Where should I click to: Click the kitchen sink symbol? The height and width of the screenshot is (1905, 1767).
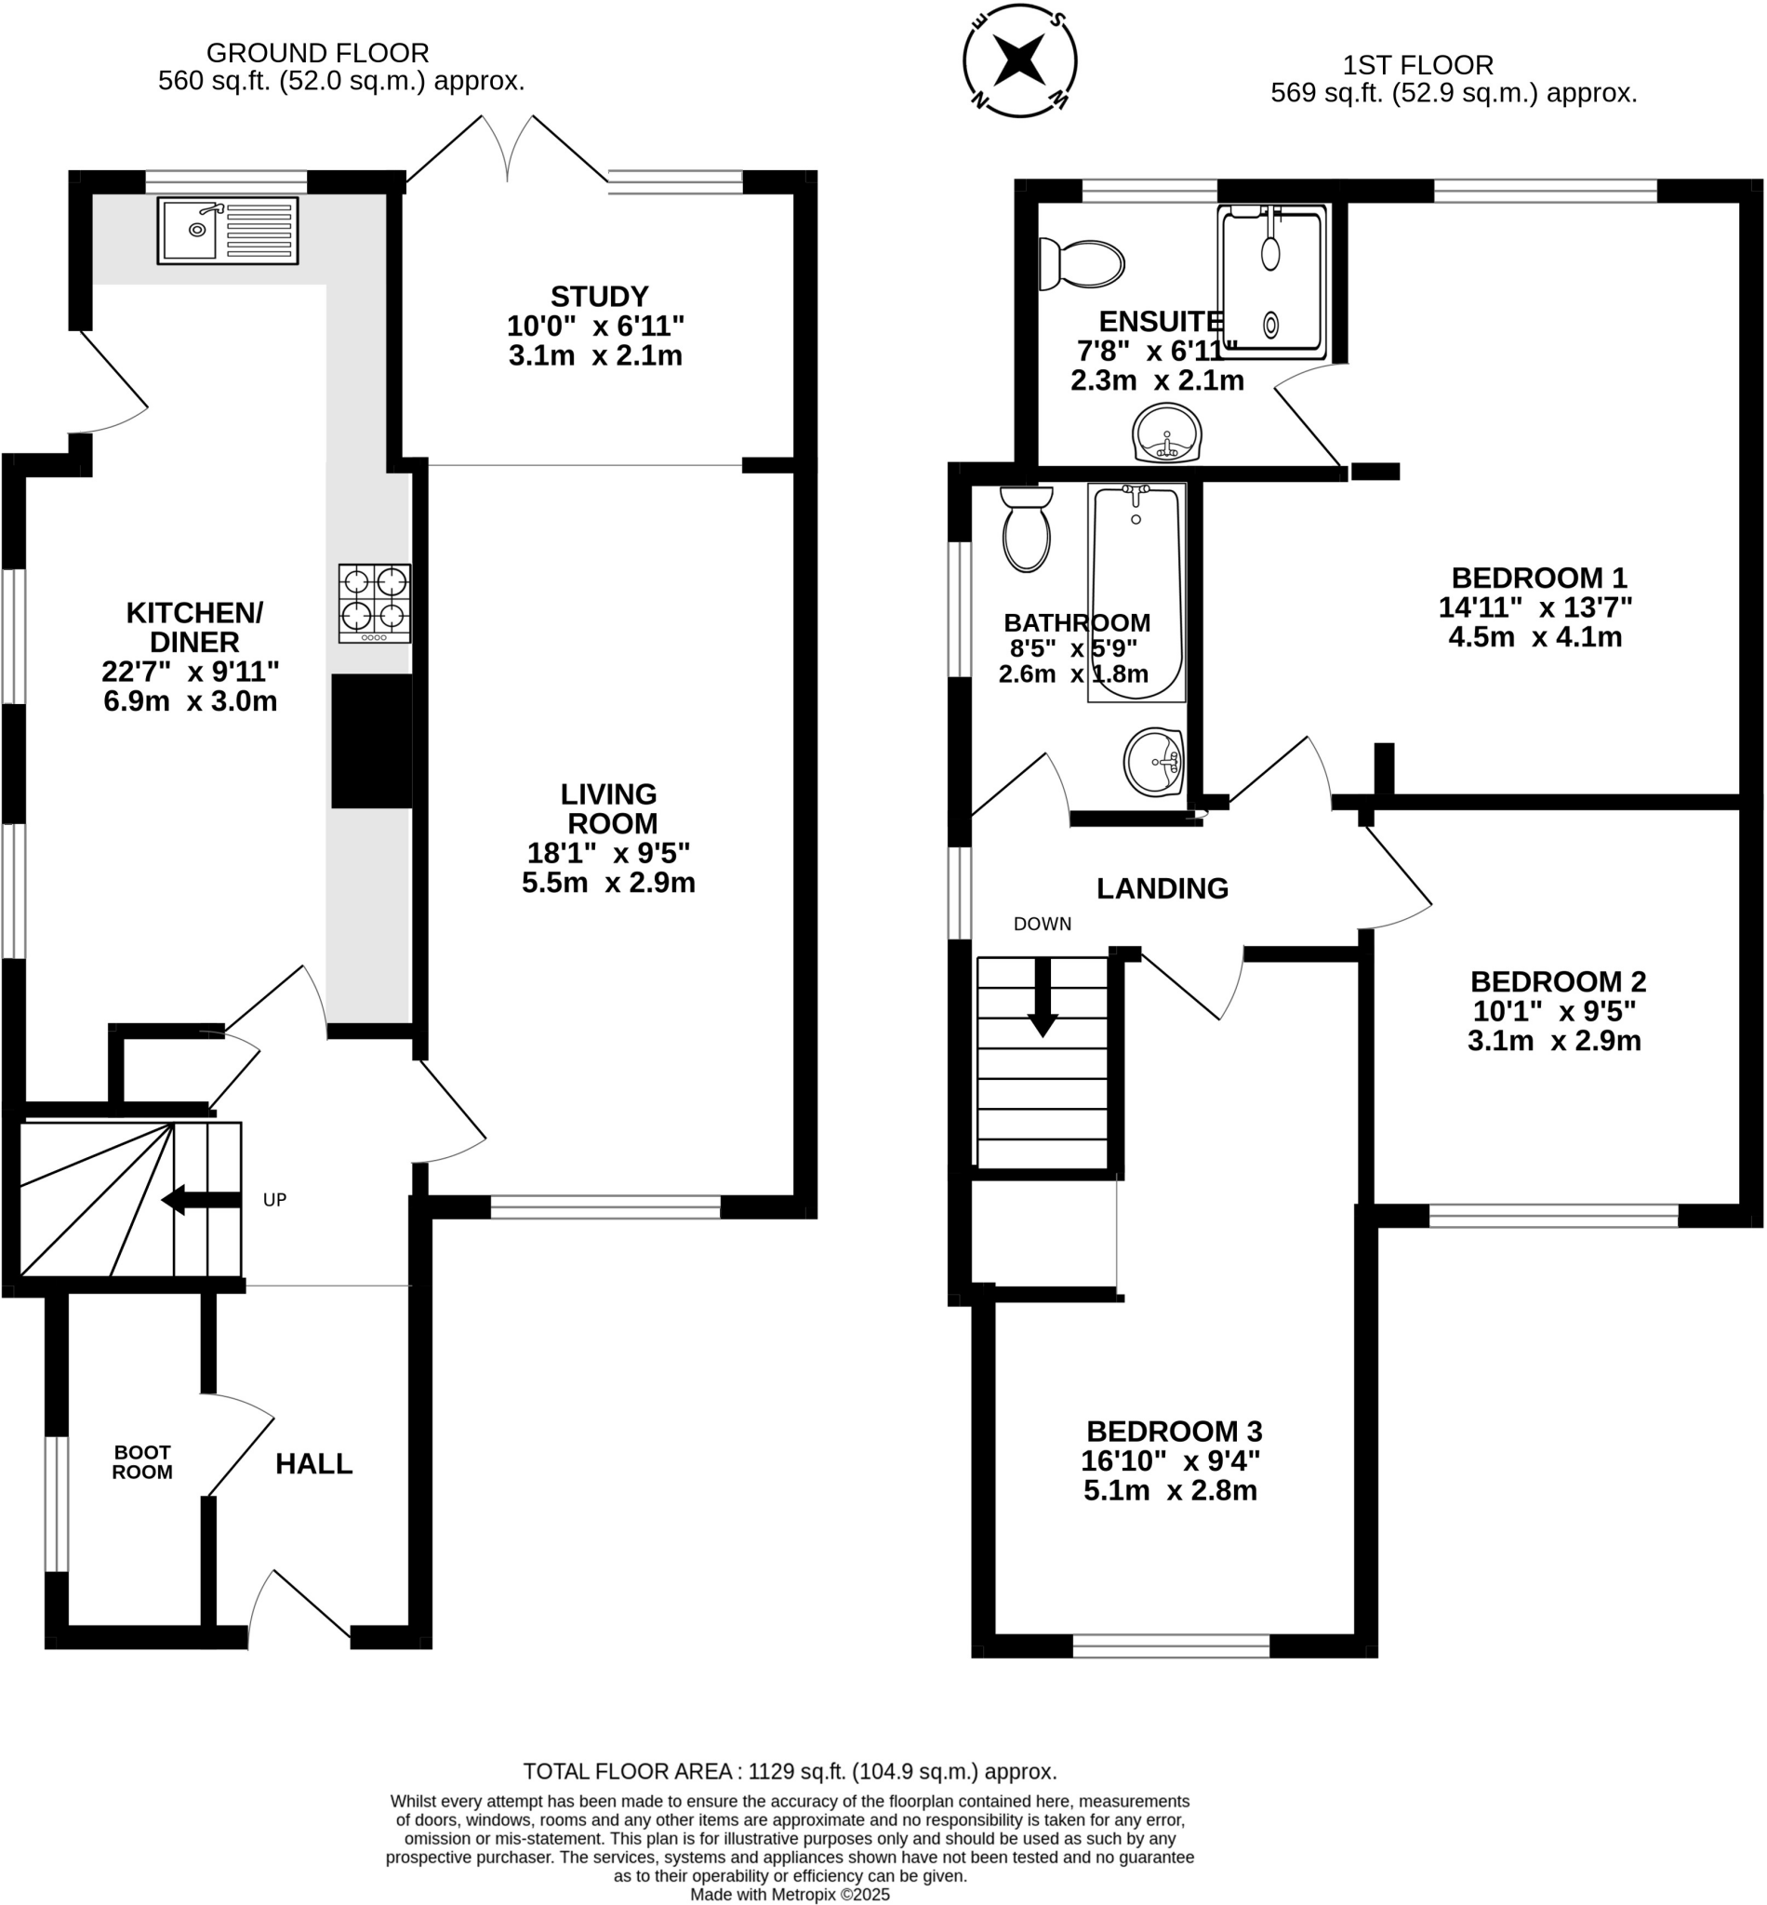(x=228, y=231)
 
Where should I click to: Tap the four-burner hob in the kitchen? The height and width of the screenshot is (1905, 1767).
(x=375, y=604)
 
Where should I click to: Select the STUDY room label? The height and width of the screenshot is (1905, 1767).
(x=599, y=296)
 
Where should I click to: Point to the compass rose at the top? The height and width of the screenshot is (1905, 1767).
(x=1019, y=60)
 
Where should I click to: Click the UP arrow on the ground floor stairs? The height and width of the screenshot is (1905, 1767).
(x=201, y=1200)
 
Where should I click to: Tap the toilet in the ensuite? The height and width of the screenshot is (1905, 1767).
(x=1083, y=264)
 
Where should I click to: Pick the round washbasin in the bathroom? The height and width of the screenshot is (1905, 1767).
(x=1153, y=762)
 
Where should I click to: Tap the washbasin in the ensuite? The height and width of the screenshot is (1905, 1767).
(x=1166, y=433)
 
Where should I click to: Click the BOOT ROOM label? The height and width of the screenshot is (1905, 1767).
(x=142, y=1463)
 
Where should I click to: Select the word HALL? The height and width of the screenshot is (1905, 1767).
(x=313, y=1464)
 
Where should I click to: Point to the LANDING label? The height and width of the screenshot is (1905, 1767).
(x=1162, y=888)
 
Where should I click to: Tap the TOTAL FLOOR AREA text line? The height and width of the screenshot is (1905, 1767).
(x=790, y=1771)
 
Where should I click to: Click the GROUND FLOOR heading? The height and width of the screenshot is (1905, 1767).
(x=317, y=53)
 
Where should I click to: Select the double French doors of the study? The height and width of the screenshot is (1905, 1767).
(x=507, y=149)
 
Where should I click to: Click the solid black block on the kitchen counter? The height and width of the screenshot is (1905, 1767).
(x=372, y=741)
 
